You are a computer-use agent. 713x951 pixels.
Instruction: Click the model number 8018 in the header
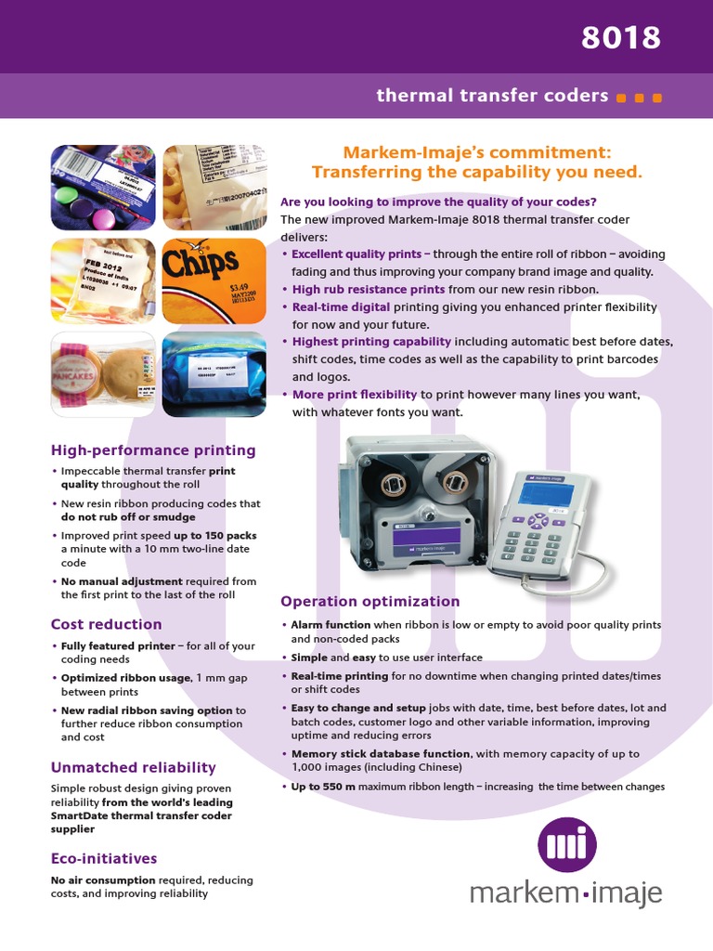point(621,37)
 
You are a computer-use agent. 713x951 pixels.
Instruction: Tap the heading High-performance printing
point(153,450)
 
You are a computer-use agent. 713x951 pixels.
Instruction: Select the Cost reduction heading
point(106,624)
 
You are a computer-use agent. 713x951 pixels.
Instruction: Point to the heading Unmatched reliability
point(133,767)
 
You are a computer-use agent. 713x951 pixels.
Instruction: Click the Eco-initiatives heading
point(103,858)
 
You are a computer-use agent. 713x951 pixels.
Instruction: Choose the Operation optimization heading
point(369,601)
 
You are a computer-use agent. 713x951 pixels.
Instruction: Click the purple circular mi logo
point(567,845)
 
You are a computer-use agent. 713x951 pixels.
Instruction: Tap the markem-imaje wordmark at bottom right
point(565,894)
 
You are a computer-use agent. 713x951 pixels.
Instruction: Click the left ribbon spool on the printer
point(390,483)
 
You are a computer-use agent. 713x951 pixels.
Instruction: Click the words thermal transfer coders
point(492,96)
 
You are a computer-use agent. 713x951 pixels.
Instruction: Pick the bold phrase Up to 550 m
point(323,787)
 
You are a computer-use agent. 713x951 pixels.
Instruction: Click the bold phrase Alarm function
point(331,625)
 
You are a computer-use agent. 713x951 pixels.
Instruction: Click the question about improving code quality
point(438,202)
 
